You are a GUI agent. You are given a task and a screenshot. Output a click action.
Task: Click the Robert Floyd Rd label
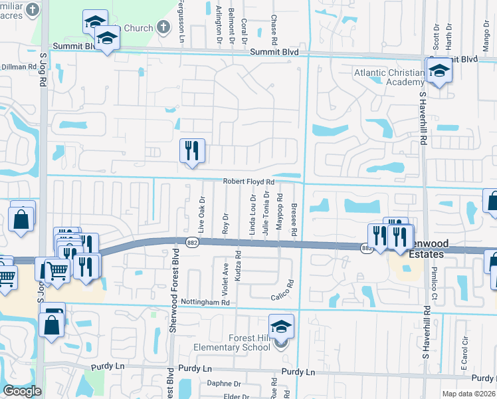[x=248, y=182]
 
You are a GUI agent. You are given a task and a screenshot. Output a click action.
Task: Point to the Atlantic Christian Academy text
[x=389, y=77]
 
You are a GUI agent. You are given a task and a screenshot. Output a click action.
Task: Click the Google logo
[x=22, y=391]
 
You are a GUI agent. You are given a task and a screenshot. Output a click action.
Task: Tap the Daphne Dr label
[x=223, y=384]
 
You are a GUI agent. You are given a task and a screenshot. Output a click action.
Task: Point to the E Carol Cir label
[x=465, y=353]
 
